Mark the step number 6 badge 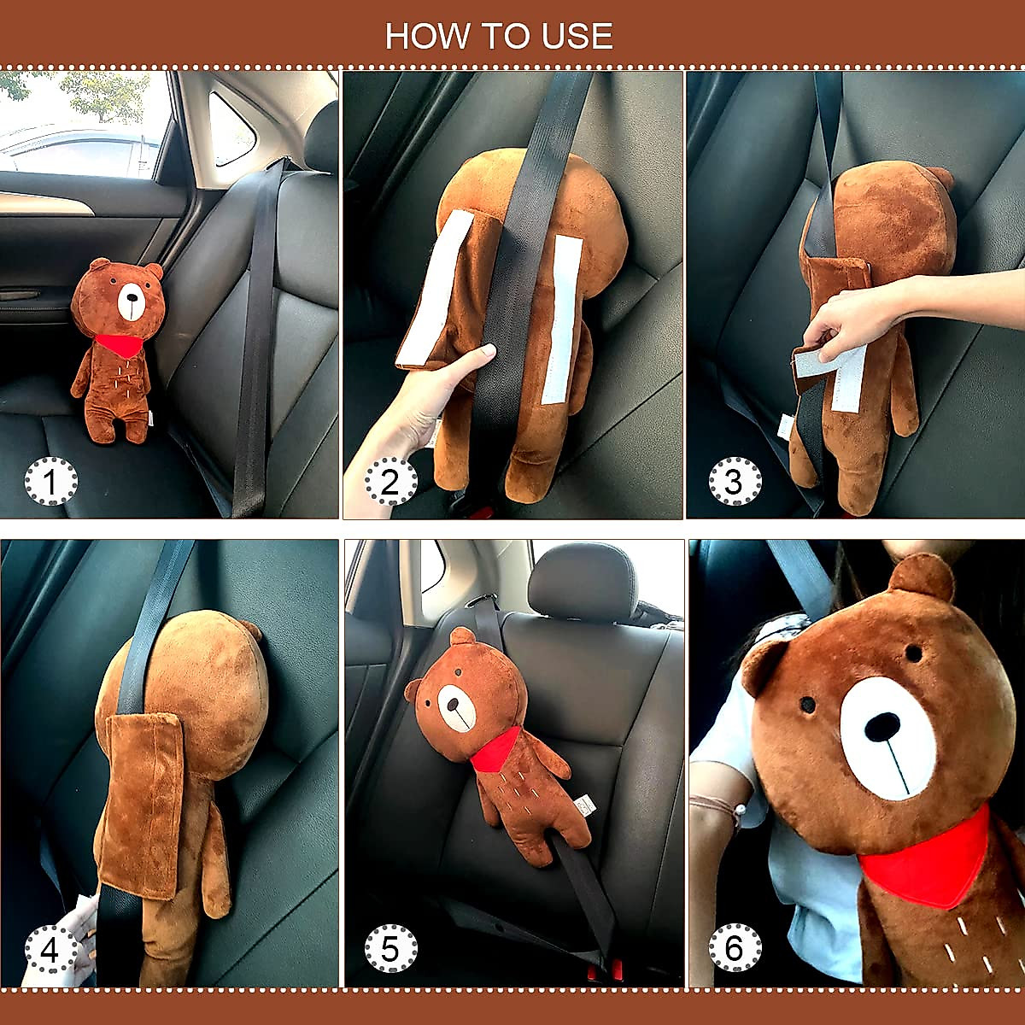735,948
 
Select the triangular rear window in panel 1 231,128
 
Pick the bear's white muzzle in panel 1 131,302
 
